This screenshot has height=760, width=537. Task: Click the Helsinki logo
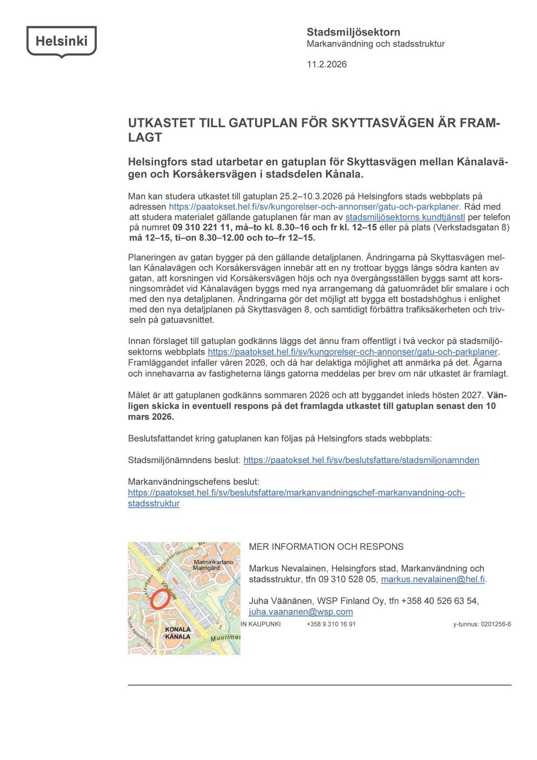[61, 41]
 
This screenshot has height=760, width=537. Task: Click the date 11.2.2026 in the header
[326, 64]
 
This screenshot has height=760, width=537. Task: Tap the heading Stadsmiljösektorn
[353, 32]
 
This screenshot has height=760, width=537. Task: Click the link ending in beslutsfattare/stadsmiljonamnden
[361, 460]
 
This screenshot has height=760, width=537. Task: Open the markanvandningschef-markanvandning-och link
[296, 493]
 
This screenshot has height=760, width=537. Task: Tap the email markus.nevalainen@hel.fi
[433, 579]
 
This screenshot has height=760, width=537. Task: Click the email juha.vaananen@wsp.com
[301, 612]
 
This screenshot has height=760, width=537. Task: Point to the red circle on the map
[159, 599]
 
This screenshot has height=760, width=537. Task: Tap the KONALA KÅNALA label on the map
[178, 633]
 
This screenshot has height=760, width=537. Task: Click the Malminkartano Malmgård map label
[213, 565]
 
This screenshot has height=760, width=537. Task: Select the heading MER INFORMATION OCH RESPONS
[326, 547]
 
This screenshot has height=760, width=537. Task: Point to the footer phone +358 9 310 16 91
[331, 625]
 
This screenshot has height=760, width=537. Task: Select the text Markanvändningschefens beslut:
[193, 482]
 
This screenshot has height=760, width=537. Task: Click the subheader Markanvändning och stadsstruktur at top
[375, 44]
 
